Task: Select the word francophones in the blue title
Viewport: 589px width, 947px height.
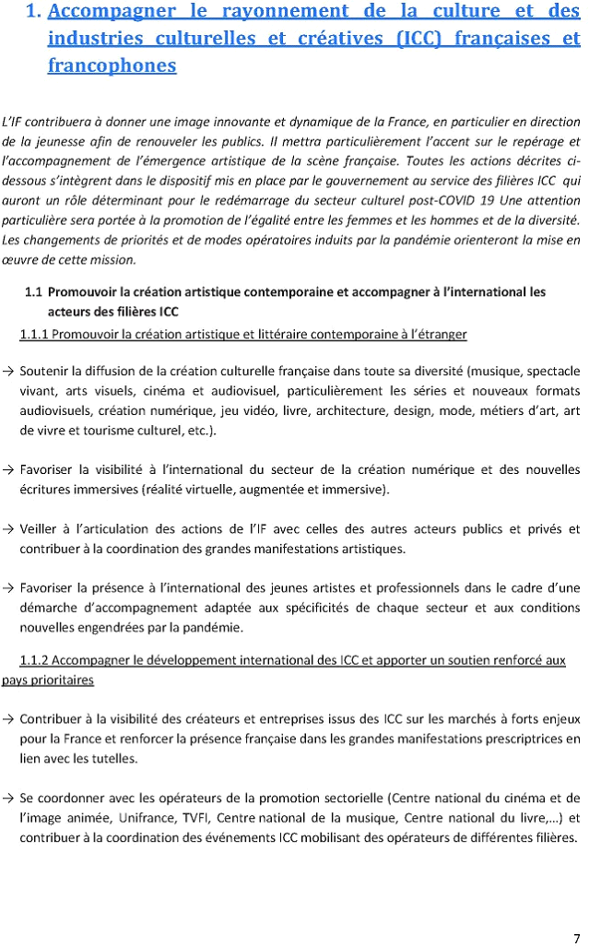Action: [x=112, y=65]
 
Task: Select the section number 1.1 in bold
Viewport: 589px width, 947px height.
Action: [x=33, y=292]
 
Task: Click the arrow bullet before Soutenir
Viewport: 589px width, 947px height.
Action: [x=7, y=372]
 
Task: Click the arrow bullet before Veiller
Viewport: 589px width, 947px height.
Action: [x=7, y=529]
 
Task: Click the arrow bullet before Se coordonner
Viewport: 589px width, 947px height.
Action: [x=7, y=798]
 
